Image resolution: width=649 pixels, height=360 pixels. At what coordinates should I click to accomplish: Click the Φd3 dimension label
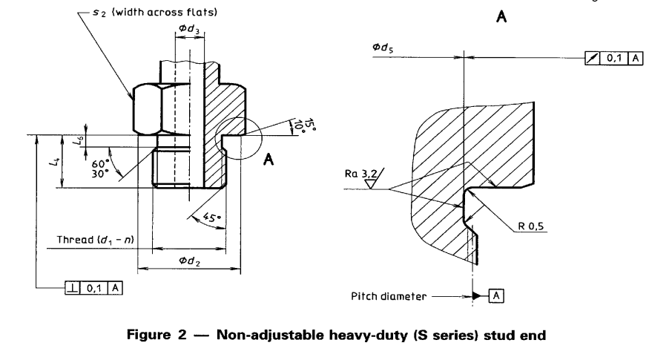click(188, 29)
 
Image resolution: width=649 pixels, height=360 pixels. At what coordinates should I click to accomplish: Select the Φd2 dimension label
click(190, 261)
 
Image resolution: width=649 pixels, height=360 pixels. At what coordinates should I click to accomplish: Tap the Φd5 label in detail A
click(383, 48)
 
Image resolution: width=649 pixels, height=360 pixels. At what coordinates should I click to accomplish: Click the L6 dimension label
click(78, 140)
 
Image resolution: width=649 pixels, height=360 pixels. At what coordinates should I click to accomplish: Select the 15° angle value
click(309, 125)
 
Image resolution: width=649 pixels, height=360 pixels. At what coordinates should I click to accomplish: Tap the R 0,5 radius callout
click(530, 226)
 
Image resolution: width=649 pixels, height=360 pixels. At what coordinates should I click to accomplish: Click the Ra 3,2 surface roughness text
click(360, 174)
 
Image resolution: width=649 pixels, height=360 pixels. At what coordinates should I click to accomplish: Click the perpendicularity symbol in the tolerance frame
click(73, 288)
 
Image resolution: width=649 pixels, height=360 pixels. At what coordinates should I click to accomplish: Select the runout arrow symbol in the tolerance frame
click(593, 59)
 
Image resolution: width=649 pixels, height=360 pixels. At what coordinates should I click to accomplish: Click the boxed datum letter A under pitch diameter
click(496, 296)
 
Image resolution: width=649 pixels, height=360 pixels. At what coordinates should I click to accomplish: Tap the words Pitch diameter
click(388, 296)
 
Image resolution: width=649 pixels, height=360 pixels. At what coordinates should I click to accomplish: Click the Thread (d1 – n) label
click(95, 240)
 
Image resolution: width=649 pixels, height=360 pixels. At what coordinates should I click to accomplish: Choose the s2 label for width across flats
click(99, 13)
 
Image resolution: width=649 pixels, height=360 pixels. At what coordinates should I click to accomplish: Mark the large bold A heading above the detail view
click(501, 16)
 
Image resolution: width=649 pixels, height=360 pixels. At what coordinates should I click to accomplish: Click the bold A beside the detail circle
click(269, 160)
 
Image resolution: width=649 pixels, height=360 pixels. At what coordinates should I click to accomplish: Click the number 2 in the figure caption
click(182, 335)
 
